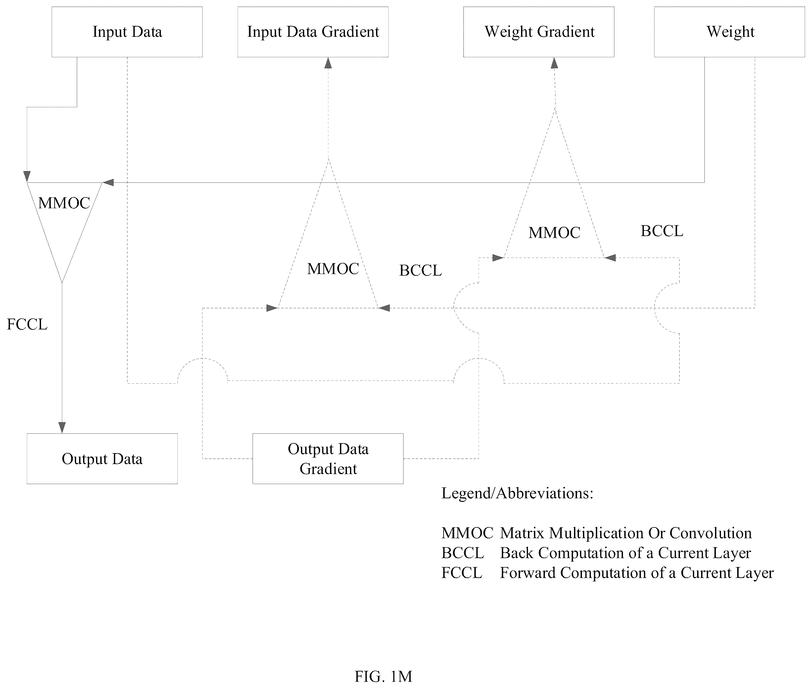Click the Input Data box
point(127,32)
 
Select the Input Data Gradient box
point(313,32)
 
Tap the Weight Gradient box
point(539,32)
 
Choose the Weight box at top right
point(729,32)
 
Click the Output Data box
point(102,459)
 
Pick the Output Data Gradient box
point(328,459)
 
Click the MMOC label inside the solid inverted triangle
point(64,203)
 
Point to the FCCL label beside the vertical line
point(27,324)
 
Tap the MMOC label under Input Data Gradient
point(333,269)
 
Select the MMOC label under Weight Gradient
point(554,233)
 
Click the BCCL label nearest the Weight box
point(662,231)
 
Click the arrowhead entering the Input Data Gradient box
point(328,63)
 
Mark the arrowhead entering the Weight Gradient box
point(554,63)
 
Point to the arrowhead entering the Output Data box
point(62,428)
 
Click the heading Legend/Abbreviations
point(517,493)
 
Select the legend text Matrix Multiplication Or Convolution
point(626,533)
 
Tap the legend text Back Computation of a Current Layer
point(625,553)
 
